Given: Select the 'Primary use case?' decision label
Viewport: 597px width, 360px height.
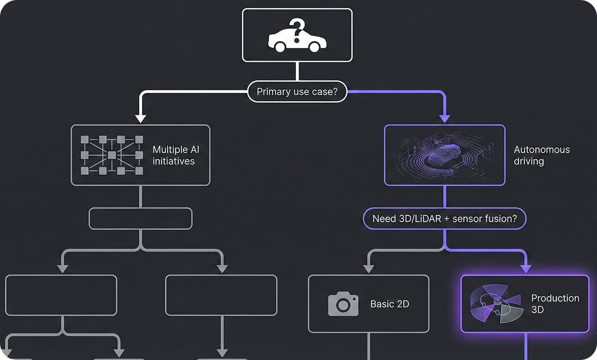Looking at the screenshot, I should click(297, 92).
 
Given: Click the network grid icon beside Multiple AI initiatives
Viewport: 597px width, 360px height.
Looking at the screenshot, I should click(111, 155).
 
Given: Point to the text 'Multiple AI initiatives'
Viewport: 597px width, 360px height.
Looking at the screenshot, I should click(175, 155).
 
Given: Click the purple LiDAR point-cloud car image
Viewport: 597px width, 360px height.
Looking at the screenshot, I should click(445, 155).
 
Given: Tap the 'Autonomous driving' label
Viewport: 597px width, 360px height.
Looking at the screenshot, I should click(541, 155).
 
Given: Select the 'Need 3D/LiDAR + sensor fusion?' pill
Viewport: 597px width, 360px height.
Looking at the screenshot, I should click(445, 218).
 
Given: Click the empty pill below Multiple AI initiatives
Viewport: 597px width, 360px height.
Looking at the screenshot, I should click(141, 218).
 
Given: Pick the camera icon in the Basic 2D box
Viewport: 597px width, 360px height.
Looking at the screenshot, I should click(343, 304).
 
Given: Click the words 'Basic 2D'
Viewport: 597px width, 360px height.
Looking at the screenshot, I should click(390, 304).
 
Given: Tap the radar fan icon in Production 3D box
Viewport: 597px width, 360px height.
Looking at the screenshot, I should click(495, 304).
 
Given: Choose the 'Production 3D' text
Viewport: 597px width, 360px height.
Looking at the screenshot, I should click(555, 304).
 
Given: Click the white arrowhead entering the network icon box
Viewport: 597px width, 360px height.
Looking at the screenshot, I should click(141, 119).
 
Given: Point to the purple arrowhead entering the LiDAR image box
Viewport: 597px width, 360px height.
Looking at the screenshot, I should click(445, 119).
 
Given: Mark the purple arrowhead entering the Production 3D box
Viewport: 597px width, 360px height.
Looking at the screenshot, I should click(526, 268).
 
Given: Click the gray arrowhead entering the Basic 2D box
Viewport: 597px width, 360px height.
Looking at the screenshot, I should click(369, 268).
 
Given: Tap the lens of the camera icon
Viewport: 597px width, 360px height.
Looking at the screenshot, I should click(343, 305).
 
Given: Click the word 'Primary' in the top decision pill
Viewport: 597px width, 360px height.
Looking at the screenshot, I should click(274, 92).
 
